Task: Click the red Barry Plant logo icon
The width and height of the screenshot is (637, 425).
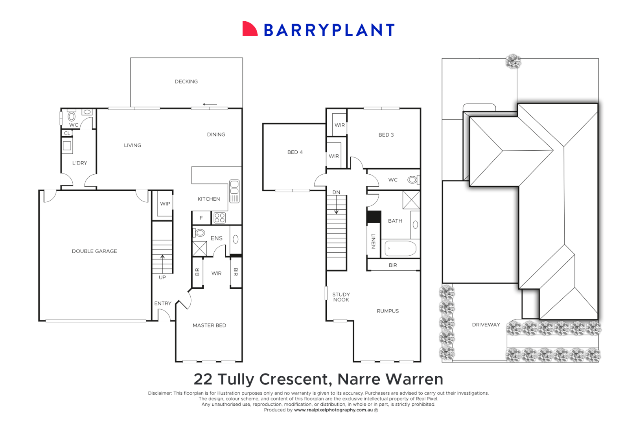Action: pyautogui.click(x=249, y=29)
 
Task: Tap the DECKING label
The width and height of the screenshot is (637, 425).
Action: pyautogui.click(x=186, y=81)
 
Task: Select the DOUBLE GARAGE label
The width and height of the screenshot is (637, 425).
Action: pyautogui.click(x=94, y=251)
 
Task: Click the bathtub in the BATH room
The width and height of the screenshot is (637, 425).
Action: pyautogui.click(x=400, y=248)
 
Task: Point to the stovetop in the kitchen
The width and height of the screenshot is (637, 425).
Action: pyautogui.click(x=219, y=218)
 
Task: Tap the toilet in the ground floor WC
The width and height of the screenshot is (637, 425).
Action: pyautogui.click(x=72, y=116)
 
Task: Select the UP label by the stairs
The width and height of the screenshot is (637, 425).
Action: pyautogui.click(x=162, y=277)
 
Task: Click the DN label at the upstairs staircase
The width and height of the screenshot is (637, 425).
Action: pyautogui.click(x=336, y=192)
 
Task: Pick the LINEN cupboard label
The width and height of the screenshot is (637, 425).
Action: pyautogui.click(x=373, y=241)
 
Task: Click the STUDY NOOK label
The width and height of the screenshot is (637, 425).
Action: pyautogui.click(x=341, y=297)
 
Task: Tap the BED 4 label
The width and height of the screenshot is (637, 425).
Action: pyautogui.click(x=295, y=152)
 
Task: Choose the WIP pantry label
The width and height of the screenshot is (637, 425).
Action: pyautogui.click(x=165, y=203)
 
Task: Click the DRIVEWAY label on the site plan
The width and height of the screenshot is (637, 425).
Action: pyautogui.click(x=486, y=325)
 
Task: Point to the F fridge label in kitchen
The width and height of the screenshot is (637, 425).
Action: pyautogui.click(x=201, y=218)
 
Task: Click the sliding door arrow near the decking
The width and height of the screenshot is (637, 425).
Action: pyautogui.click(x=210, y=104)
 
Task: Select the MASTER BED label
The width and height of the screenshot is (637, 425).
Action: pyautogui.click(x=209, y=325)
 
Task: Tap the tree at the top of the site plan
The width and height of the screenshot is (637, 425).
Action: pyautogui.click(x=513, y=62)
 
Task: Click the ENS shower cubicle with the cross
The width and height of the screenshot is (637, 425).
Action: pyautogui.click(x=199, y=249)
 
